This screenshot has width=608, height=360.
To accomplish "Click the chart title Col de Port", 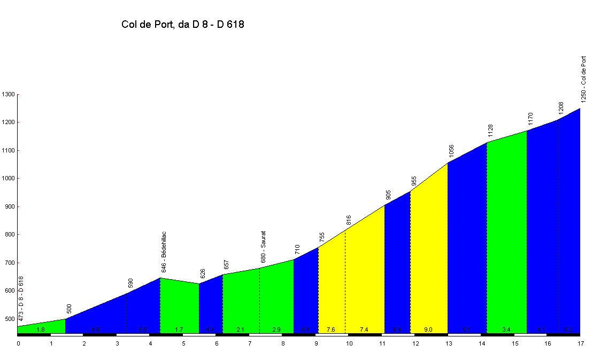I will coord(183,24).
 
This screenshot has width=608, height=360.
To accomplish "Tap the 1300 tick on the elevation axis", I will coord(9,95).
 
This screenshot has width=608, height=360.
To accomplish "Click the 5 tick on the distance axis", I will coord(183,343).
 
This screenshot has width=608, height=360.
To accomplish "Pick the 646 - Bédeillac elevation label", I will coord(164,252).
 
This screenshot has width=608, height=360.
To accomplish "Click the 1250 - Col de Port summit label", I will coord(583,79).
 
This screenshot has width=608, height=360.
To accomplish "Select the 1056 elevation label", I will coord(451,151).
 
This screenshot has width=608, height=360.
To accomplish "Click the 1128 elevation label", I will coord(490,131).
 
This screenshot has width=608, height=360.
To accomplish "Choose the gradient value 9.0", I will coord(428,330).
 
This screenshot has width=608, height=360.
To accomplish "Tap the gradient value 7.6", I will coord(331,330).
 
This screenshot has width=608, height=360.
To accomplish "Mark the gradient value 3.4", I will coord(506,330).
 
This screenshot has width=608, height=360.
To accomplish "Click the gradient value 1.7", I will coord(179,330).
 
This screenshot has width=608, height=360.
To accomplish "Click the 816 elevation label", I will coord(349,220).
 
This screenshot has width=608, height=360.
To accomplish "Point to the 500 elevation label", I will coord(69,309).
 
